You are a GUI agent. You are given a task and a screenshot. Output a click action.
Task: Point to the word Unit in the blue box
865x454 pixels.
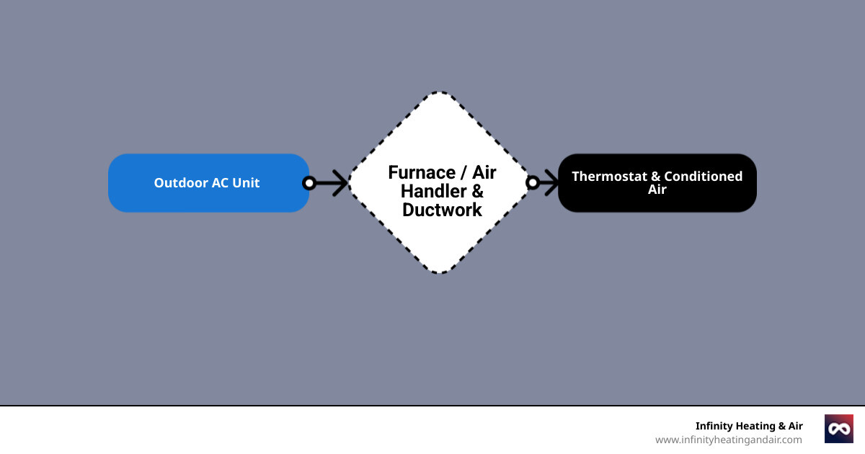coord(245,183)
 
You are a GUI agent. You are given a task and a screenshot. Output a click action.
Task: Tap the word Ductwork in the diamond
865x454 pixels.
coord(442,210)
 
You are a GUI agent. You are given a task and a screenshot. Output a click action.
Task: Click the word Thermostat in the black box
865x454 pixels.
coord(610,177)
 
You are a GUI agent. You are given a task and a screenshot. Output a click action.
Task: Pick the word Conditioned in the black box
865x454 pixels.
coord(703,177)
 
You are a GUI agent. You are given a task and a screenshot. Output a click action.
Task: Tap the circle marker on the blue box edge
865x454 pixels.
coord(309,183)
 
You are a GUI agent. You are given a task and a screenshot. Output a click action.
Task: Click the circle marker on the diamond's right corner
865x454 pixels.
coord(533,183)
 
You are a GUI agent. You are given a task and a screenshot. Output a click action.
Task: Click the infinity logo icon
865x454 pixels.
coord(838,429)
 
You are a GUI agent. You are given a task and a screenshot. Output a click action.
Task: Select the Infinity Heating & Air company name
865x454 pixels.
coord(748,426)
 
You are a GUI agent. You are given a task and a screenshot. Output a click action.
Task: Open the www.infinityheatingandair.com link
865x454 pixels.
coord(728,440)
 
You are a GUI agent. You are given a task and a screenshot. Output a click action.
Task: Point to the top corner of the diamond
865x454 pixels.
coord(440,93)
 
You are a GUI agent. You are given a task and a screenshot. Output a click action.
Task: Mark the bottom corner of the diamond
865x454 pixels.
coord(440,272)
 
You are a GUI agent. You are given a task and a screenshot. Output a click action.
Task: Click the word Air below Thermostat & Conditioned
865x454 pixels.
coord(657,190)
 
